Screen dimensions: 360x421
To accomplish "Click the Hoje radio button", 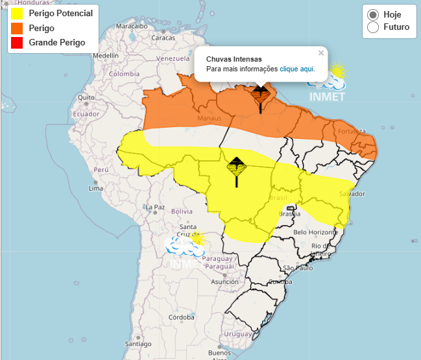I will [373, 15].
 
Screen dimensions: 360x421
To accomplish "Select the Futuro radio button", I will [373, 27].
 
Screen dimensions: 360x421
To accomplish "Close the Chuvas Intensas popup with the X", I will [320, 53].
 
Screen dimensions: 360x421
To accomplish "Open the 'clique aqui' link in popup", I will [297, 69].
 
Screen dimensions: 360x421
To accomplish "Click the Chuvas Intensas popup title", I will [234, 59].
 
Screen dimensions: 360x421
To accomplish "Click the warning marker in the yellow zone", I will [236, 167].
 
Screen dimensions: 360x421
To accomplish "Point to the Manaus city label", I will [210, 119].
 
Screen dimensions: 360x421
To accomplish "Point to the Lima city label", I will [96, 188].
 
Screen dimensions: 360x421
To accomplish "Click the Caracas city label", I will [163, 38].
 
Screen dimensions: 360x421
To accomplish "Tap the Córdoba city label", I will [182, 317].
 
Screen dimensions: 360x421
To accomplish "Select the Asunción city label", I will [225, 282].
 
